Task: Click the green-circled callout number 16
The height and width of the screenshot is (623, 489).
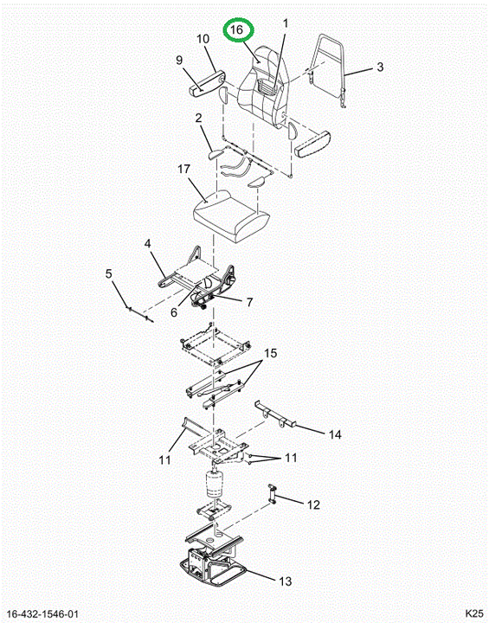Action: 236,29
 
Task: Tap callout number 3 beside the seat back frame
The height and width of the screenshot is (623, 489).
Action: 380,67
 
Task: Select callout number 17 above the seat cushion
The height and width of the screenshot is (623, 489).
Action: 183,169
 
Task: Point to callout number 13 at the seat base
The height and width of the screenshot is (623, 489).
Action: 285,581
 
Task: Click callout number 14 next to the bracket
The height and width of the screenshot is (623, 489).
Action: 335,434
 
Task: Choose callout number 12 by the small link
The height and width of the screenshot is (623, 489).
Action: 313,504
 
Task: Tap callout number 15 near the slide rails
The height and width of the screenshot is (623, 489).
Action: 270,353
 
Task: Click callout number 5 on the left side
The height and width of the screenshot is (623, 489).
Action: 108,273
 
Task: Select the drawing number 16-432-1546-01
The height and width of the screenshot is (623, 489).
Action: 42,614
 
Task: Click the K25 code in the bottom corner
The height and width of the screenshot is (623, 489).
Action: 474,613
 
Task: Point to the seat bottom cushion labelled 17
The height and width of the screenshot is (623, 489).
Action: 231,216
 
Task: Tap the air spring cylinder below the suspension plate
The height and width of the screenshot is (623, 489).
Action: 215,484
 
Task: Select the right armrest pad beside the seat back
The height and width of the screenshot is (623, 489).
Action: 313,145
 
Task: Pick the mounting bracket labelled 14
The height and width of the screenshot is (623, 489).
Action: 276,414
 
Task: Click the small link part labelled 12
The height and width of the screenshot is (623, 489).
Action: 272,494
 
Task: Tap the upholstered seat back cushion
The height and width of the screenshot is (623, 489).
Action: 262,87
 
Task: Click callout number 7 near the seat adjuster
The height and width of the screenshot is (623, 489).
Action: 249,302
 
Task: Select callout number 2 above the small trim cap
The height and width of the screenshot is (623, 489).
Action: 198,118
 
